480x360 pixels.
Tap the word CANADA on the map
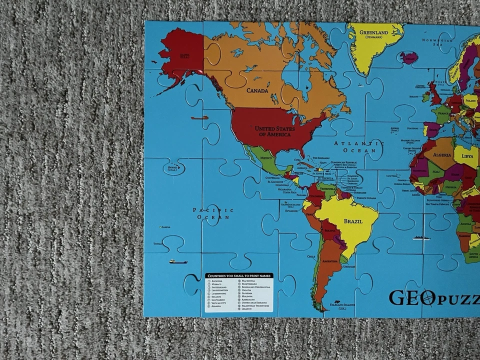(x=257, y=90)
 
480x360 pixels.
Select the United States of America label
(x=274, y=131)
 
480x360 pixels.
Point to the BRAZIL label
(x=353, y=221)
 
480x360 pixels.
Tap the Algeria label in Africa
(x=441, y=154)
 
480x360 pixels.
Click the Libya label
(x=467, y=156)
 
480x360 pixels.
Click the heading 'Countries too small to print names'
(x=238, y=275)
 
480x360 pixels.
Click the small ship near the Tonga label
(x=178, y=261)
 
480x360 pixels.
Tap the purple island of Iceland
(x=408, y=57)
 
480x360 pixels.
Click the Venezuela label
(x=327, y=189)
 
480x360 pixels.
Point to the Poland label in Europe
(x=470, y=100)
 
